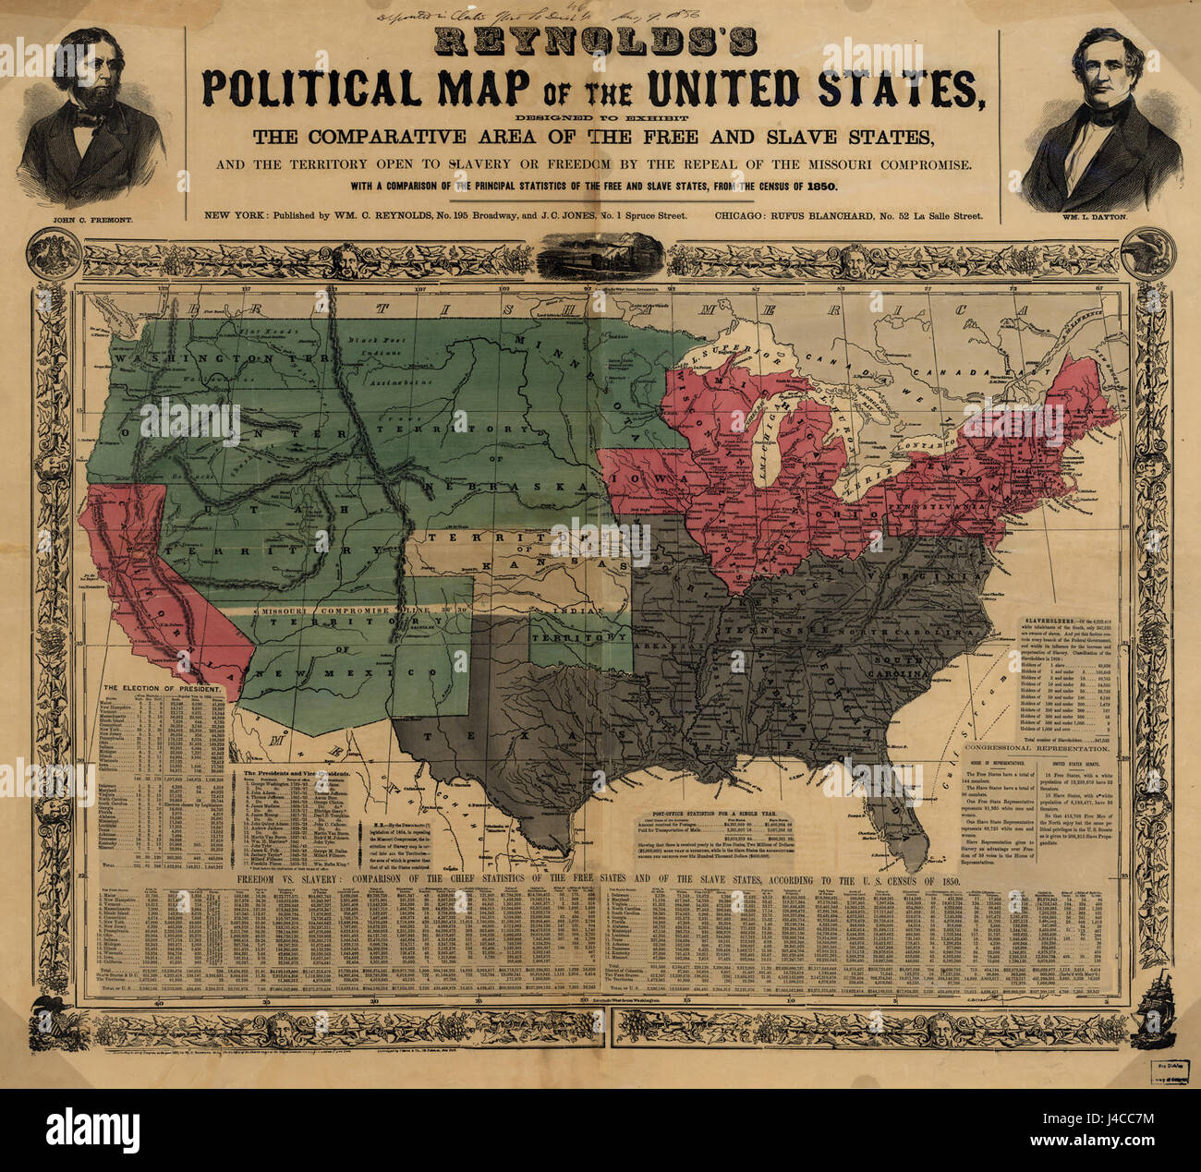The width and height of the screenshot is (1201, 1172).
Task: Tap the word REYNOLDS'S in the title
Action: click(x=595, y=42)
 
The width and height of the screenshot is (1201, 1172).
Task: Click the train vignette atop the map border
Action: click(x=601, y=253)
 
